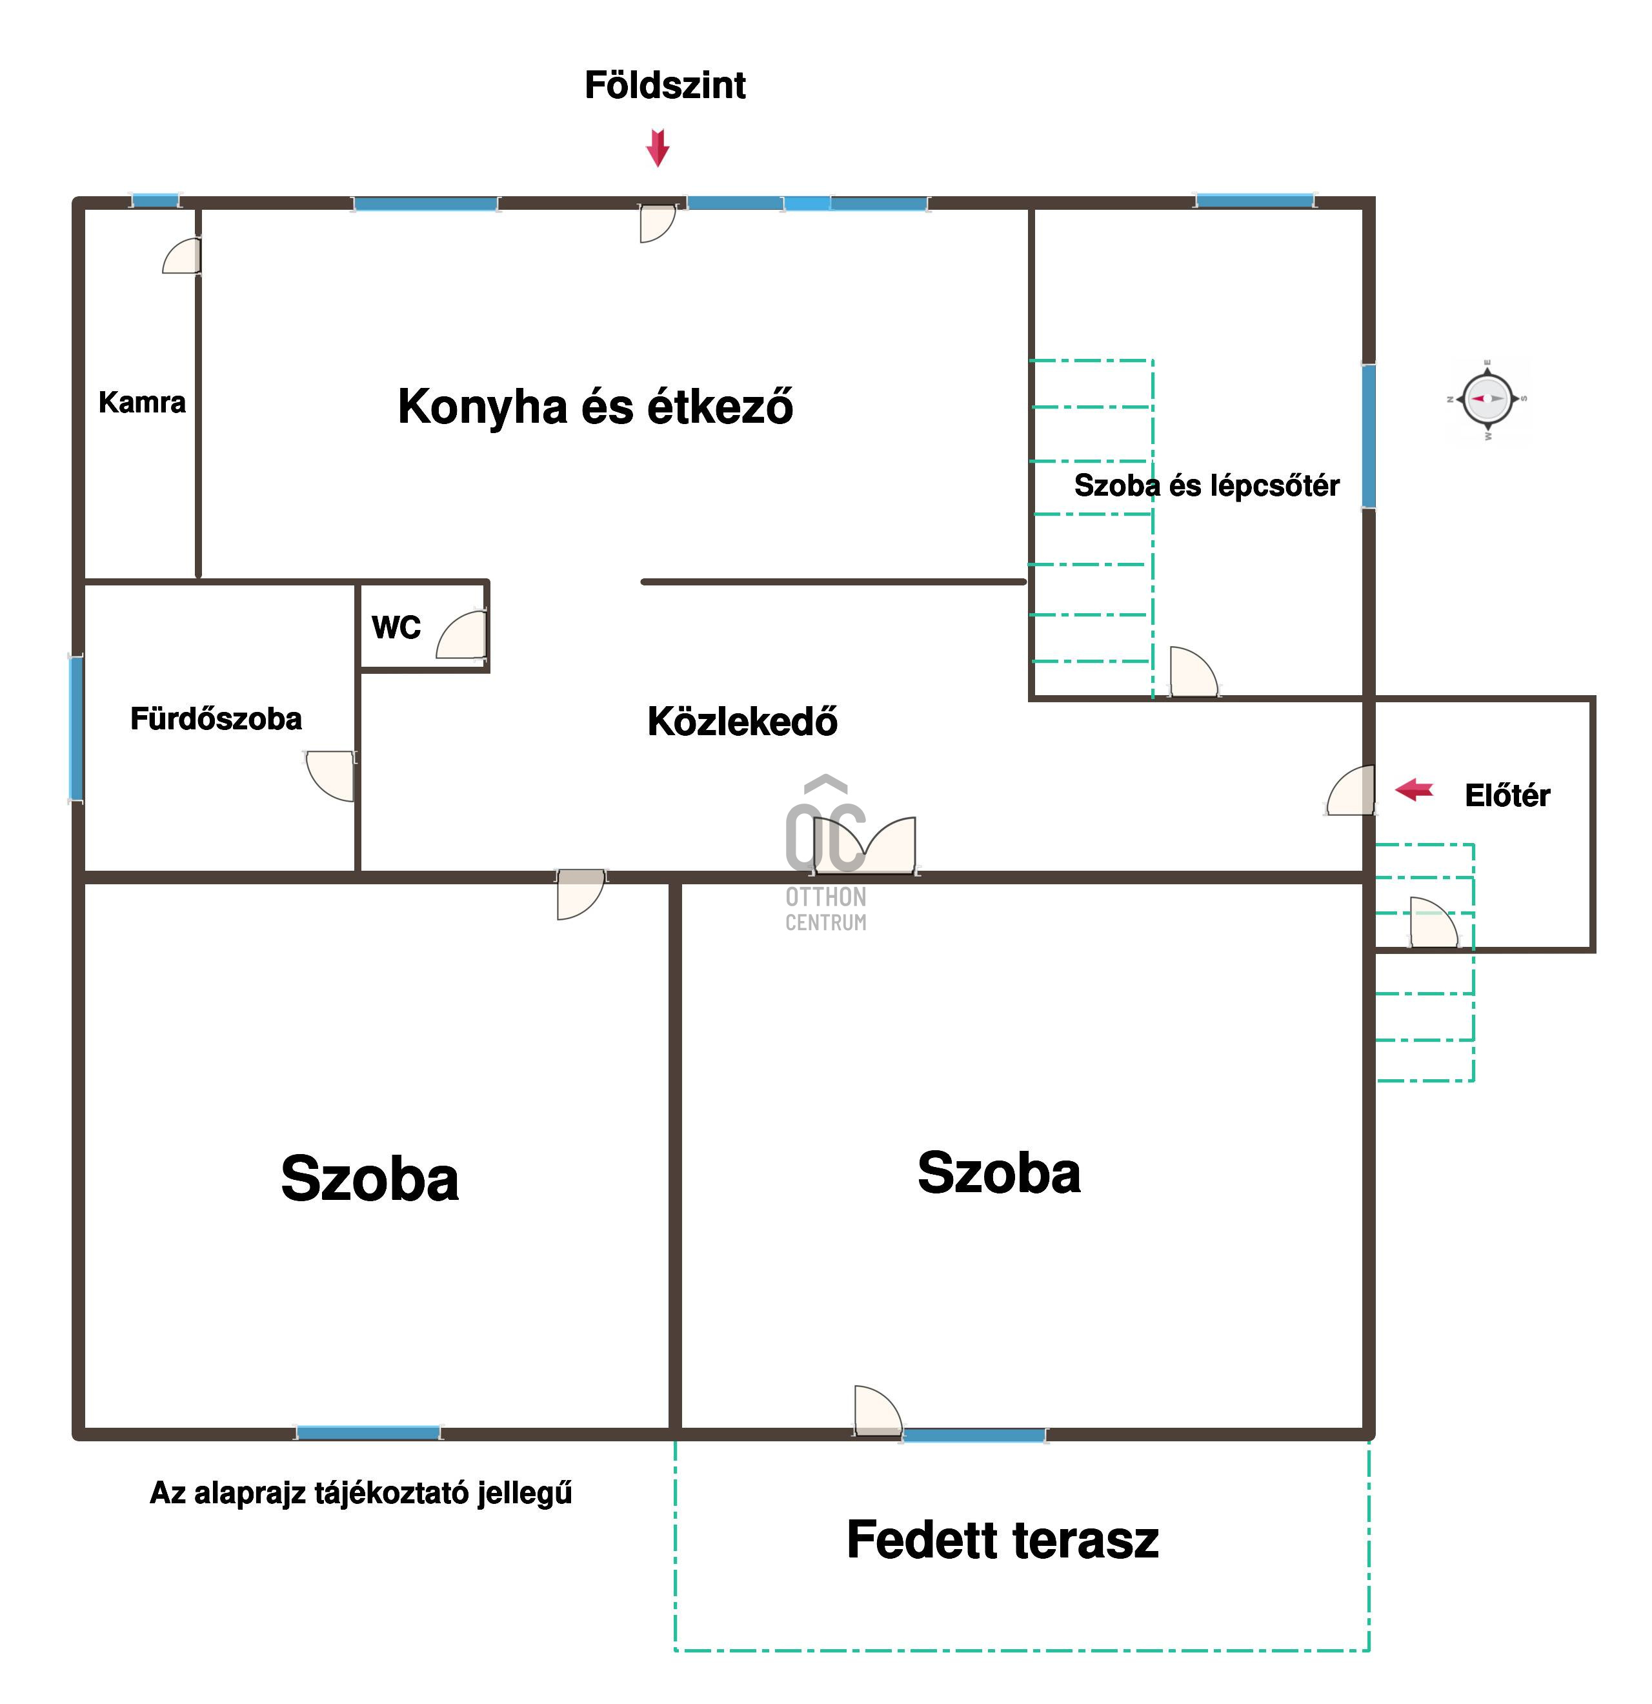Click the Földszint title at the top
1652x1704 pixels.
pyautogui.click(x=665, y=85)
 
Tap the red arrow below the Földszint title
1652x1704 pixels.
pyautogui.click(x=658, y=148)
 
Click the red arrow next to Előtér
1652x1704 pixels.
pyautogui.click(x=1414, y=789)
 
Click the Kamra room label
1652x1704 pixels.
pyautogui.click(x=142, y=403)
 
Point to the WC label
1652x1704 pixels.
pyautogui.click(x=396, y=627)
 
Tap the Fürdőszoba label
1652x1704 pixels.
pyautogui.click(x=216, y=719)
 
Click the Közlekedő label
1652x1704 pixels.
pyautogui.click(x=743, y=722)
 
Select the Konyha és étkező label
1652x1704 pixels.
pyautogui.click(x=595, y=406)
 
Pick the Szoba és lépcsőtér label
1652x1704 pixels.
pyautogui.click(x=1206, y=485)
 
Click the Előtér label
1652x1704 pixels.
pyautogui.click(x=1507, y=795)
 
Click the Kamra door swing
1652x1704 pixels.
pyautogui.click(x=181, y=256)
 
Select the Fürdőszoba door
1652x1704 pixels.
pyautogui.click(x=330, y=775)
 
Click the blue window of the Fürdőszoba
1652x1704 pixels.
pyautogui.click(x=77, y=729)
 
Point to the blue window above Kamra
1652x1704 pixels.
pyautogui.click(x=156, y=201)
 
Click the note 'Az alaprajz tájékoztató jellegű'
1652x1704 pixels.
pyautogui.click(x=361, y=1494)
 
